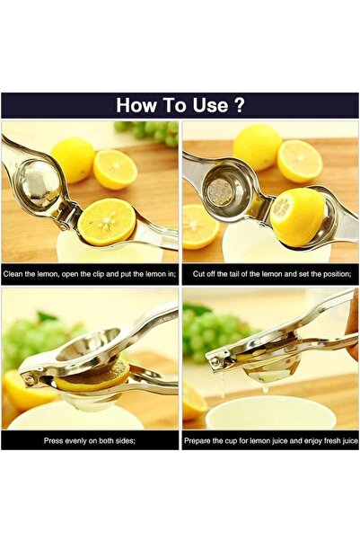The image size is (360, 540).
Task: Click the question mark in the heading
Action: coord(239,105)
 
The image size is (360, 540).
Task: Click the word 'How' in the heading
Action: coord(136,105)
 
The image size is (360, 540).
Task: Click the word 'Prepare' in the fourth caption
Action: coord(201,441)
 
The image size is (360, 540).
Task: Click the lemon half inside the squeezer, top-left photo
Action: coord(106,221)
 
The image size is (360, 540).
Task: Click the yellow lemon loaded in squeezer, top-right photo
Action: coord(296,217)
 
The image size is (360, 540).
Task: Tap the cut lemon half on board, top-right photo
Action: coord(300,161)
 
